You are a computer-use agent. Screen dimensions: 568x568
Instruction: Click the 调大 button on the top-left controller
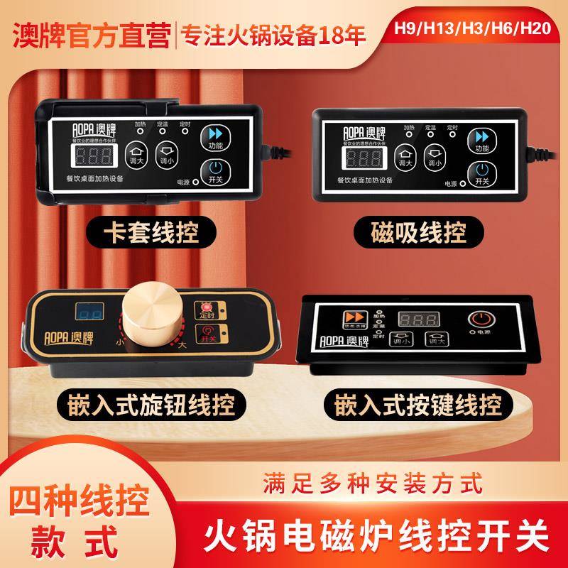pos(135,155)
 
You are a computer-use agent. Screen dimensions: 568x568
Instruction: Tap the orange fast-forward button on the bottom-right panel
pos(351,318)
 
